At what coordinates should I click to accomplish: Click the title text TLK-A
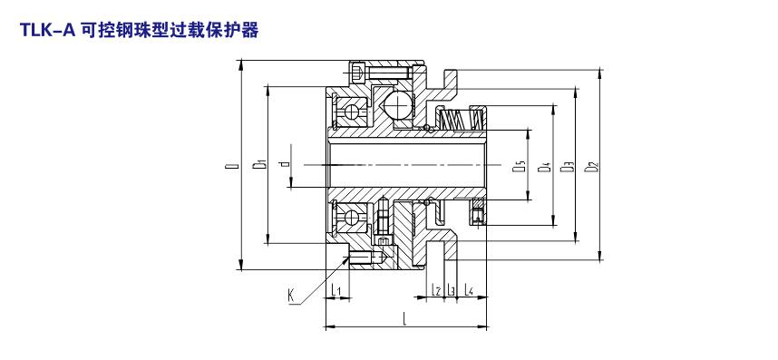pos(47,30)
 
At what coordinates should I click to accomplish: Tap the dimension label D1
pos(259,163)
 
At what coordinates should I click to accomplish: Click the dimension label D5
pos(518,166)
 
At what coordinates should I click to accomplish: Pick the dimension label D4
pos(543,166)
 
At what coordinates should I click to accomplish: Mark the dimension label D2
pos(590,166)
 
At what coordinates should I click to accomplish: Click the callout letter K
pos(291,297)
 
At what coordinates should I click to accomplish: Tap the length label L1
pos(336,289)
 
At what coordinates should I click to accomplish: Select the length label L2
pos(437,289)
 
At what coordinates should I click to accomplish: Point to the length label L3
pos(451,289)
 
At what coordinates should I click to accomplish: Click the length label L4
pos(468,289)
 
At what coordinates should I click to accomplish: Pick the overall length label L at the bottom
pos(405,318)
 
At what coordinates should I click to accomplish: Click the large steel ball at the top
pos(397,105)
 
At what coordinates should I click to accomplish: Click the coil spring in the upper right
pos(461,120)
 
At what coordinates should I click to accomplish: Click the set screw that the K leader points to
pos(368,258)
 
